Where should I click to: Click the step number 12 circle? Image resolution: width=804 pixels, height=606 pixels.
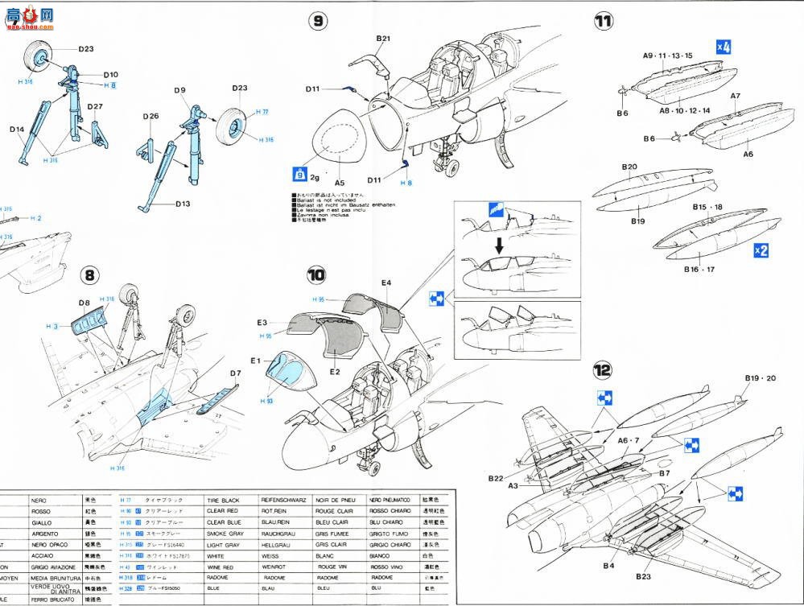click(603, 370)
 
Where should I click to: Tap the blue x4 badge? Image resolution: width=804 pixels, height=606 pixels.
click(724, 47)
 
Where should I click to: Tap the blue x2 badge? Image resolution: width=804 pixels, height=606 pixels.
click(761, 250)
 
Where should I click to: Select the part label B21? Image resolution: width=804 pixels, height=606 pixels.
click(383, 39)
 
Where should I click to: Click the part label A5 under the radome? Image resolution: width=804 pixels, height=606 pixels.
click(340, 183)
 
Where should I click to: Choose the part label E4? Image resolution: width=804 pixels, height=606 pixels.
click(387, 282)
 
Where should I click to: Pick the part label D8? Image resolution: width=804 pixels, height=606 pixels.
click(85, 303)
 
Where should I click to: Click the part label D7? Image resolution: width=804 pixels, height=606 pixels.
click(236, 373)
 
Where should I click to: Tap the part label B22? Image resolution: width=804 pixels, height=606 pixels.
click(496, 478)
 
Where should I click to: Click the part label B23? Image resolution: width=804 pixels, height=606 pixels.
click(643, 577)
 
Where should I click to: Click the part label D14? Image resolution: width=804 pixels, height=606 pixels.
click(17, 129)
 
